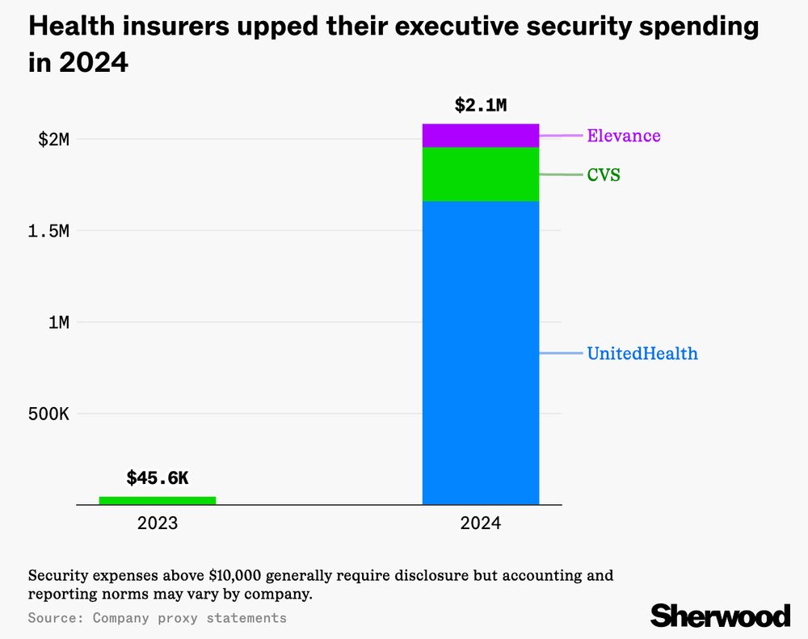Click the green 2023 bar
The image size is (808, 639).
(x=158, y=500)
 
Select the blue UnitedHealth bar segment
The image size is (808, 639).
(x=481, y=353)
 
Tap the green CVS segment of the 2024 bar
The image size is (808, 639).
(x=481, y=174)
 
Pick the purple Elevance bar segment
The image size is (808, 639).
(x=481, y=135)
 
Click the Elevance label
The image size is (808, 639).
(x=624, y=136)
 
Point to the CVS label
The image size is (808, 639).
(x=604, y=174)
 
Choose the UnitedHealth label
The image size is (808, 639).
(x=642, y=354)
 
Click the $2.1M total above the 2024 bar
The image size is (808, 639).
(x=481, y=105)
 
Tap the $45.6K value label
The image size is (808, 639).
(x=158, y=478)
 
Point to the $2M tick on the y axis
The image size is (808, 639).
(x=54, y=139)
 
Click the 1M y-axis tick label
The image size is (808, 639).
(x=58, y=322)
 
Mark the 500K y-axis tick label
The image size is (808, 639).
(x=48, y=414)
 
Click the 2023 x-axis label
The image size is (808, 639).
(x=158, y=523)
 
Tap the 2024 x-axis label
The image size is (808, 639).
(x=481, y=523)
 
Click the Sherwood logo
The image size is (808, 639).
(x=720, y=616)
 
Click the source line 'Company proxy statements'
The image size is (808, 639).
(x=189, y=618)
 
